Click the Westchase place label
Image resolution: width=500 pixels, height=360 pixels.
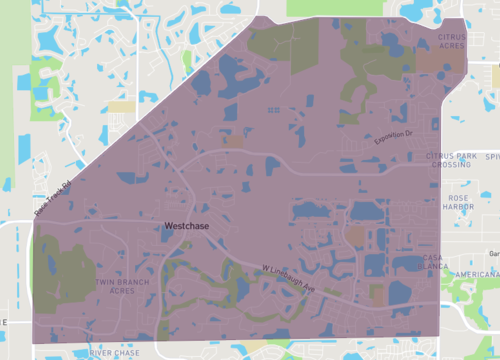coord(187,227)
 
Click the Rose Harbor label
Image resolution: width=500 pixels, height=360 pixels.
coord(460,203)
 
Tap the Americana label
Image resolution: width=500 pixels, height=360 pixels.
coord(474,275)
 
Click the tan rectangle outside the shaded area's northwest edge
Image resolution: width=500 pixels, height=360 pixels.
coord(121,105)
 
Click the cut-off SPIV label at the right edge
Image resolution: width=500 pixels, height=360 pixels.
coord(491,157)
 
